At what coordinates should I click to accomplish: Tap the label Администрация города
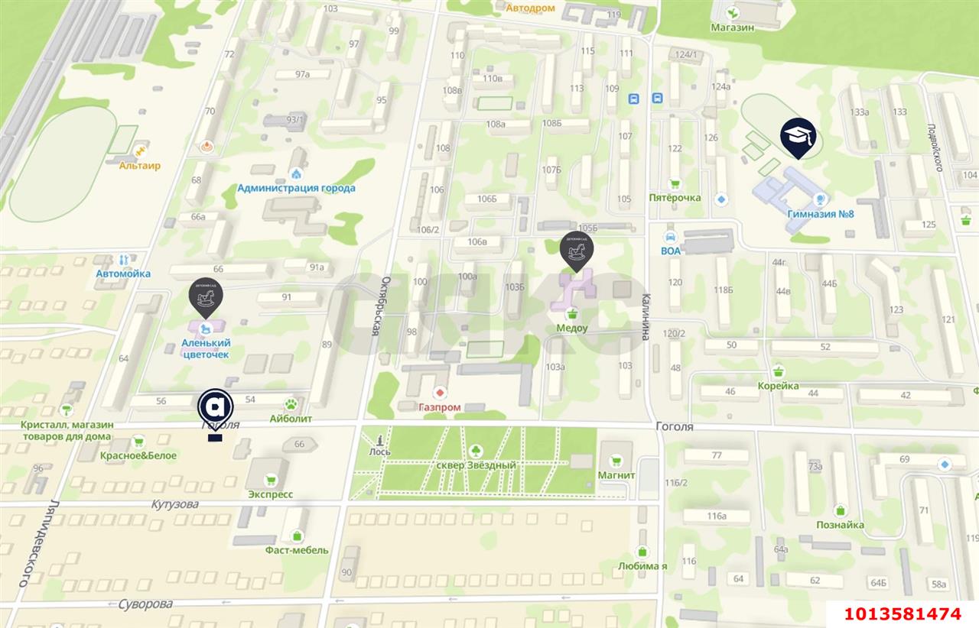(296, 188)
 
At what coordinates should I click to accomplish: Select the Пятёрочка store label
(675, 198)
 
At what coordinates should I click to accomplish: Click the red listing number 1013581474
(902, 614)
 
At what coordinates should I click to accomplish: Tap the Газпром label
(440, 407)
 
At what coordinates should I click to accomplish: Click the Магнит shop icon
(616, 461)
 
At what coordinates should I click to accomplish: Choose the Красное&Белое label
(138, 455)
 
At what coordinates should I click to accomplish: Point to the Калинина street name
(646, 317)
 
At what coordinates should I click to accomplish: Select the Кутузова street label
(174, 504)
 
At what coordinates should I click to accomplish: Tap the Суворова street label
(145, 604)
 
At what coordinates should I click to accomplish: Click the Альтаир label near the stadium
(140, 165)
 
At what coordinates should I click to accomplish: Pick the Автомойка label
(123, 274)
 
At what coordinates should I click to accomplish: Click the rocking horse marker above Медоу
(576, 250)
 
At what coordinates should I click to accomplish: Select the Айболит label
(291, 419)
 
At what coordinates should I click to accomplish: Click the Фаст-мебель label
(297, 550)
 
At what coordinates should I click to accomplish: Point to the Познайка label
(840, 525)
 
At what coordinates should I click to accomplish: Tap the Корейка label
(779, 386)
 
